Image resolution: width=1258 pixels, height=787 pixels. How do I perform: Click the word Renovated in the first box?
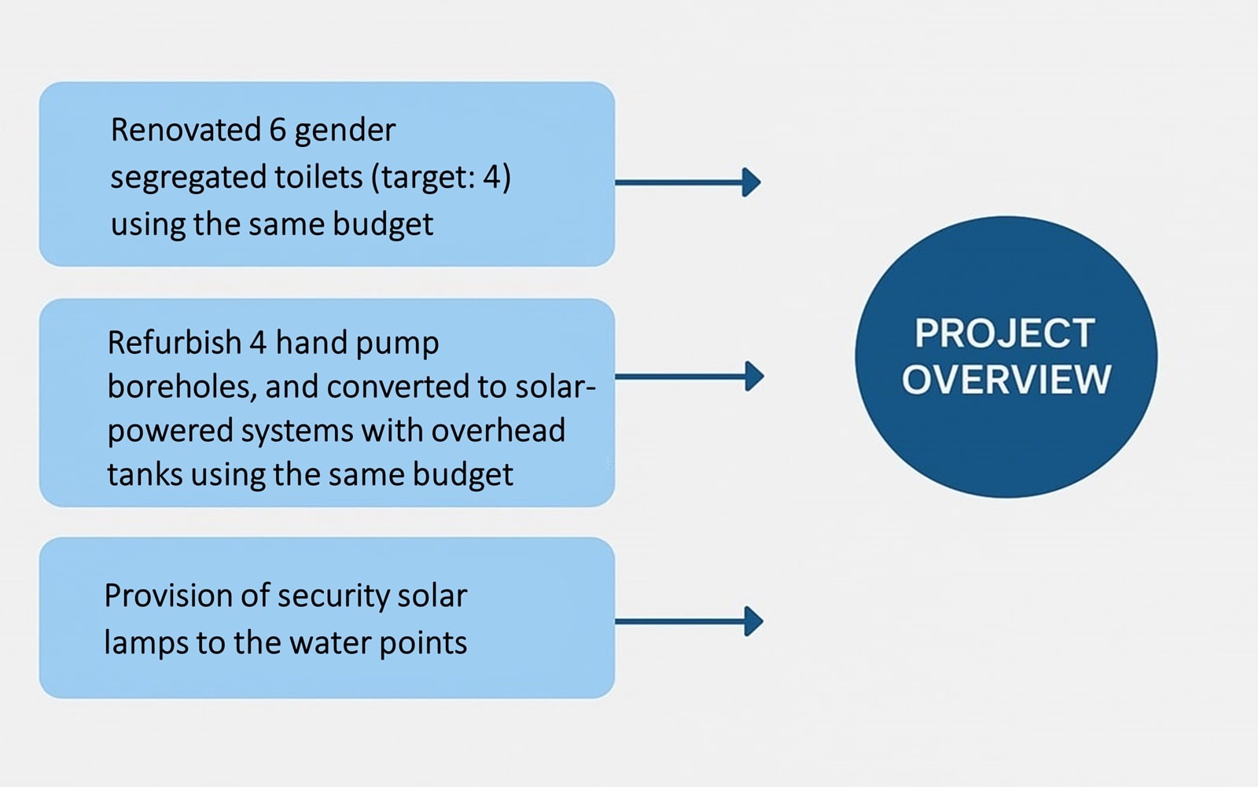tap(186, 130)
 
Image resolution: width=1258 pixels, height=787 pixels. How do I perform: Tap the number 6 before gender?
tap(278, 130)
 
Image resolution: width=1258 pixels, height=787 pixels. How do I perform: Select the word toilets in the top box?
tap(318, 177)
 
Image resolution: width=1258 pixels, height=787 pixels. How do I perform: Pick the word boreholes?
tap(182, 387)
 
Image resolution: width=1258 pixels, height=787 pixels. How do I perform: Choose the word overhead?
tap(498, 430)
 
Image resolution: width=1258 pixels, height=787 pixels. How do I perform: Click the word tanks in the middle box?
tap(145, 474)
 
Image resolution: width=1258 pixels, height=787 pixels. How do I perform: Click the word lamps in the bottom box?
tap(146, 643)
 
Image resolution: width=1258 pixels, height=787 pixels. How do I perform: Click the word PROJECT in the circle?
tap(1006, 333)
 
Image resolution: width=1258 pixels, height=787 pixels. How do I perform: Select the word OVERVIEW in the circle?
tap(1006, 379)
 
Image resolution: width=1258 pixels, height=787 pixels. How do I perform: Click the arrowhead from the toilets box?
tap(752, 182)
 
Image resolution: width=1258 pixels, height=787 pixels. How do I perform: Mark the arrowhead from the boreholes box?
tap(754, 377)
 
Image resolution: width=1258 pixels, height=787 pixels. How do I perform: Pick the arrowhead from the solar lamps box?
tap(754, 621)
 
